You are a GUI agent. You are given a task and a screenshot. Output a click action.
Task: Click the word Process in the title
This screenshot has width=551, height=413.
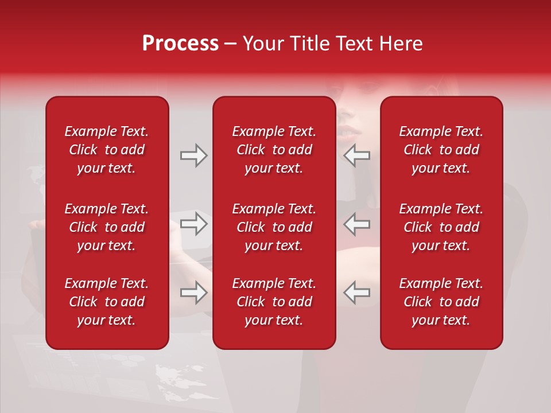[x=180, y=44]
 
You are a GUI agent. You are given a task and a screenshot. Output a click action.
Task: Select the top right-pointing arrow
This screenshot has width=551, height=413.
[x=193, y=155]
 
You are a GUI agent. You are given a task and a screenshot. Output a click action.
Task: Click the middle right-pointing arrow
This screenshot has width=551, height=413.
[x=193, y=224]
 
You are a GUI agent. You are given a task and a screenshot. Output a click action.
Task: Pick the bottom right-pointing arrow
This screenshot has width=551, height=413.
[x=193, y=293]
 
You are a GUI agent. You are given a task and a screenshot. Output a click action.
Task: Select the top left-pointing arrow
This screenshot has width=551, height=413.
[x=357, y=155]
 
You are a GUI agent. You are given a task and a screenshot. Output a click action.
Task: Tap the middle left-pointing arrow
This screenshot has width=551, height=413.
[x=357, y=224]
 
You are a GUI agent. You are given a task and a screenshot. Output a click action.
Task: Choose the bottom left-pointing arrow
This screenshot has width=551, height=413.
[x=357, y=293]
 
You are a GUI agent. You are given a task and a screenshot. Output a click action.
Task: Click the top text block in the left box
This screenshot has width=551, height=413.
[x=107, y=150]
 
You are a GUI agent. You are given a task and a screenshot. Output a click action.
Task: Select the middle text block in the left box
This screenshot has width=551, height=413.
[x=107, y=227]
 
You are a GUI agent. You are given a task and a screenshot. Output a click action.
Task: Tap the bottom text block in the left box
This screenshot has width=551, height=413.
[x=107, y=302]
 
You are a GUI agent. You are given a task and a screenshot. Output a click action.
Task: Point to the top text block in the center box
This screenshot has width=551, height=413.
[x=274, y=150]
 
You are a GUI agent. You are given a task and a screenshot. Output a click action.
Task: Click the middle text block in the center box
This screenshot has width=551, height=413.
[x=274, y=227]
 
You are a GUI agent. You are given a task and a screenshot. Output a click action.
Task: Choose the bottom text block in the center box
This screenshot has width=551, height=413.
[x=274, y=302]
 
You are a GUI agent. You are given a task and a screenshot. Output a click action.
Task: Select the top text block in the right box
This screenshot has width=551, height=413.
[x=441, y=150]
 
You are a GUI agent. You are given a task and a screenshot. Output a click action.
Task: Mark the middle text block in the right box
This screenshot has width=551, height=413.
[x=441, y=227]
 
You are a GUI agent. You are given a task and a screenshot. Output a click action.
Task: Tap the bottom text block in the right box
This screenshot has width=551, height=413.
[x=441, y=302]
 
